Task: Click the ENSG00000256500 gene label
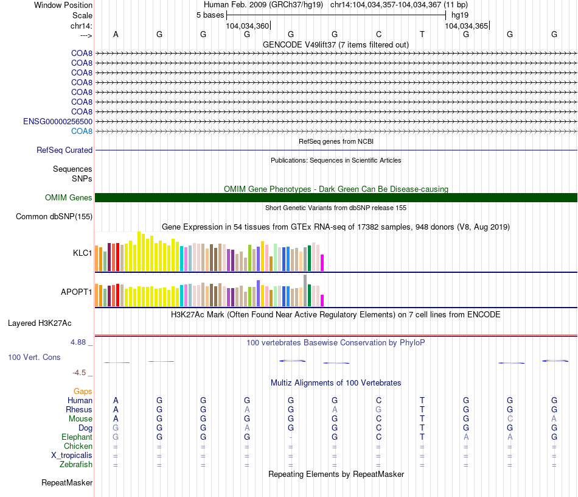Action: [58, 121]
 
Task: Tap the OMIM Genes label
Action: [69, 197]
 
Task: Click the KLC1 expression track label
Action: [82, 252]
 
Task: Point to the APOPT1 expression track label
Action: [76, 292]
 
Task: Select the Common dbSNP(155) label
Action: [54, 216]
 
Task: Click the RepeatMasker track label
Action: [67, 483]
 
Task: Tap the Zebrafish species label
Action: [76, 465]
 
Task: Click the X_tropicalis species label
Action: [72, 456]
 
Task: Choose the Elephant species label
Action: [77, 437]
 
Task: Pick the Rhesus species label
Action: [79, 410]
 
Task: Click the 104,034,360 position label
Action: [247, 26]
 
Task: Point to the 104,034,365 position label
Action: [466, 26]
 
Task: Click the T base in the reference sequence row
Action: [422, 34]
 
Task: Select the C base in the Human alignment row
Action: [378, 400]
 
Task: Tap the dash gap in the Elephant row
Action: [291, 437]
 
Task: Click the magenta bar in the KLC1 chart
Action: [322, 263]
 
